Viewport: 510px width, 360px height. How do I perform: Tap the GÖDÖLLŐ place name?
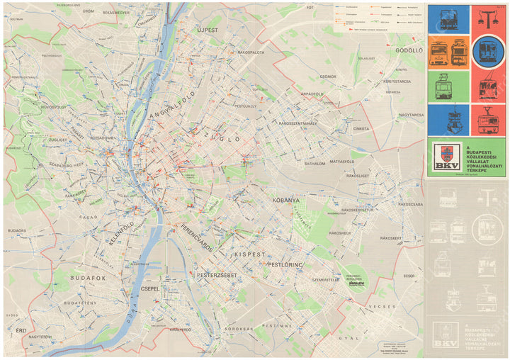click(x=409, y=51)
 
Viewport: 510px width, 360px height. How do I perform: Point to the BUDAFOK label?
click(x=88, y=279)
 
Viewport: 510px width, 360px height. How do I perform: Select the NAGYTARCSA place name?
click(x=411, y=113)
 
